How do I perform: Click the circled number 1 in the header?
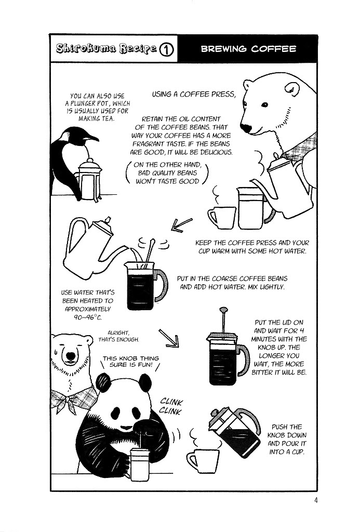click(166, 49)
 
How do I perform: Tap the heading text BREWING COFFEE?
click(248, 49)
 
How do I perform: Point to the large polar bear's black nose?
click(246, 128)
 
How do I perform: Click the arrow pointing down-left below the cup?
click(181, 224)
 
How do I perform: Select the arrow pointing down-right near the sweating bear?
click(169, 338)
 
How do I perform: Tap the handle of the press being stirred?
click(161, 285)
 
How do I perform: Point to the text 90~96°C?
click(88, 317)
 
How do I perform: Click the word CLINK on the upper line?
click(171, 402)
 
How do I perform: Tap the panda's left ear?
click(103, 381)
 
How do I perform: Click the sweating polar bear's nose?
click(71, 355)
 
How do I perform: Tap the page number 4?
click(316, 500)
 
